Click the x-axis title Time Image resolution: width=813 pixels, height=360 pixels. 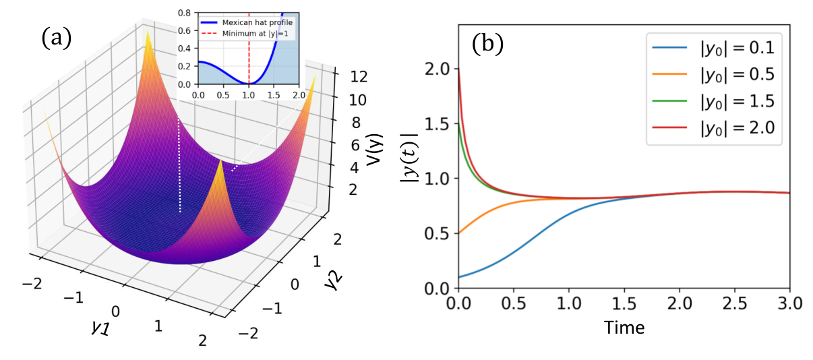tap(624, 328)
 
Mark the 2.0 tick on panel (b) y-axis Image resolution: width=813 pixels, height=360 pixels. tap(439, 69)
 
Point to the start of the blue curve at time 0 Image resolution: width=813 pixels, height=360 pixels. tap(458, 277)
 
